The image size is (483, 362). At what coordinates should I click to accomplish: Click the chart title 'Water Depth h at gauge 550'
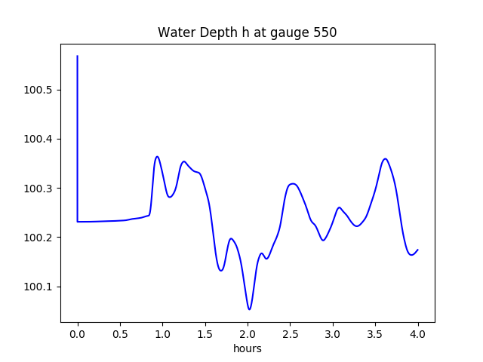click(x=247, y=32)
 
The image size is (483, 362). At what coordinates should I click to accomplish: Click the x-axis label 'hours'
click(x=248, y=348)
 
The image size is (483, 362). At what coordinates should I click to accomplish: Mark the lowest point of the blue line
click(x=249, y=309)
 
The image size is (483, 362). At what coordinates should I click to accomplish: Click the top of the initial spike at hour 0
click(x=78, y=56)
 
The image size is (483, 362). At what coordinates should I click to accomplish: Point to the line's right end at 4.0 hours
click(x=417, y=250)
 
